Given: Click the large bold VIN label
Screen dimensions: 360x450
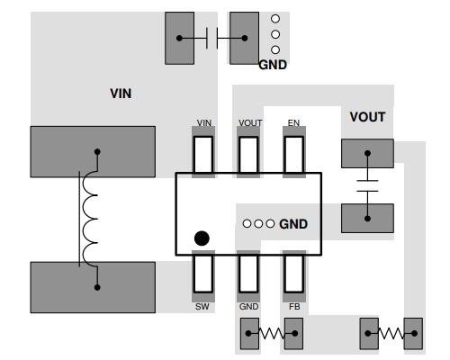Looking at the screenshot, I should coord(121,93).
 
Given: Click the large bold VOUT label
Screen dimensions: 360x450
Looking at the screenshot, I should coord(367,117).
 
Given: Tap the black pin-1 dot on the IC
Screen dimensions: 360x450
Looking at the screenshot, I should coord(202,238).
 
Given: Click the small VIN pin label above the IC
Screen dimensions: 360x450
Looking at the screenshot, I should coord(204,122).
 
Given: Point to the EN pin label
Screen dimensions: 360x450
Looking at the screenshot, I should coord(293,122).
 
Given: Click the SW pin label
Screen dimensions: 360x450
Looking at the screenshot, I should coord(203,306).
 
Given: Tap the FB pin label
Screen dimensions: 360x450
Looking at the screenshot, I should coord(294,306).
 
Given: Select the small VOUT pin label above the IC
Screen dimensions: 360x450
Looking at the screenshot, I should coord(249,122).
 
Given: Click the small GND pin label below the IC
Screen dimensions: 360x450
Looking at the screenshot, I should coord(249,306).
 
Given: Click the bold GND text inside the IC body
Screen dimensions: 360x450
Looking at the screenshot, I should coord(293,223).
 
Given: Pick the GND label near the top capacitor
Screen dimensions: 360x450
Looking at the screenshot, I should coord(273,65).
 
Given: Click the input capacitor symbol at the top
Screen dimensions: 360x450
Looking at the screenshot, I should coord(212,38).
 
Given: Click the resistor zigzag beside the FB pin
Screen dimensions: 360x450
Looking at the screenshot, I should coord(272,335).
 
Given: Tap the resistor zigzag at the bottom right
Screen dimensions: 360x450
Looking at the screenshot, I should coord(391,335).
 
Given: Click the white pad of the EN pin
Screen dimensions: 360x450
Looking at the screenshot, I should coord(294,153).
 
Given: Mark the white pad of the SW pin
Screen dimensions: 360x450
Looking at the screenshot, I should coord(203,274).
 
